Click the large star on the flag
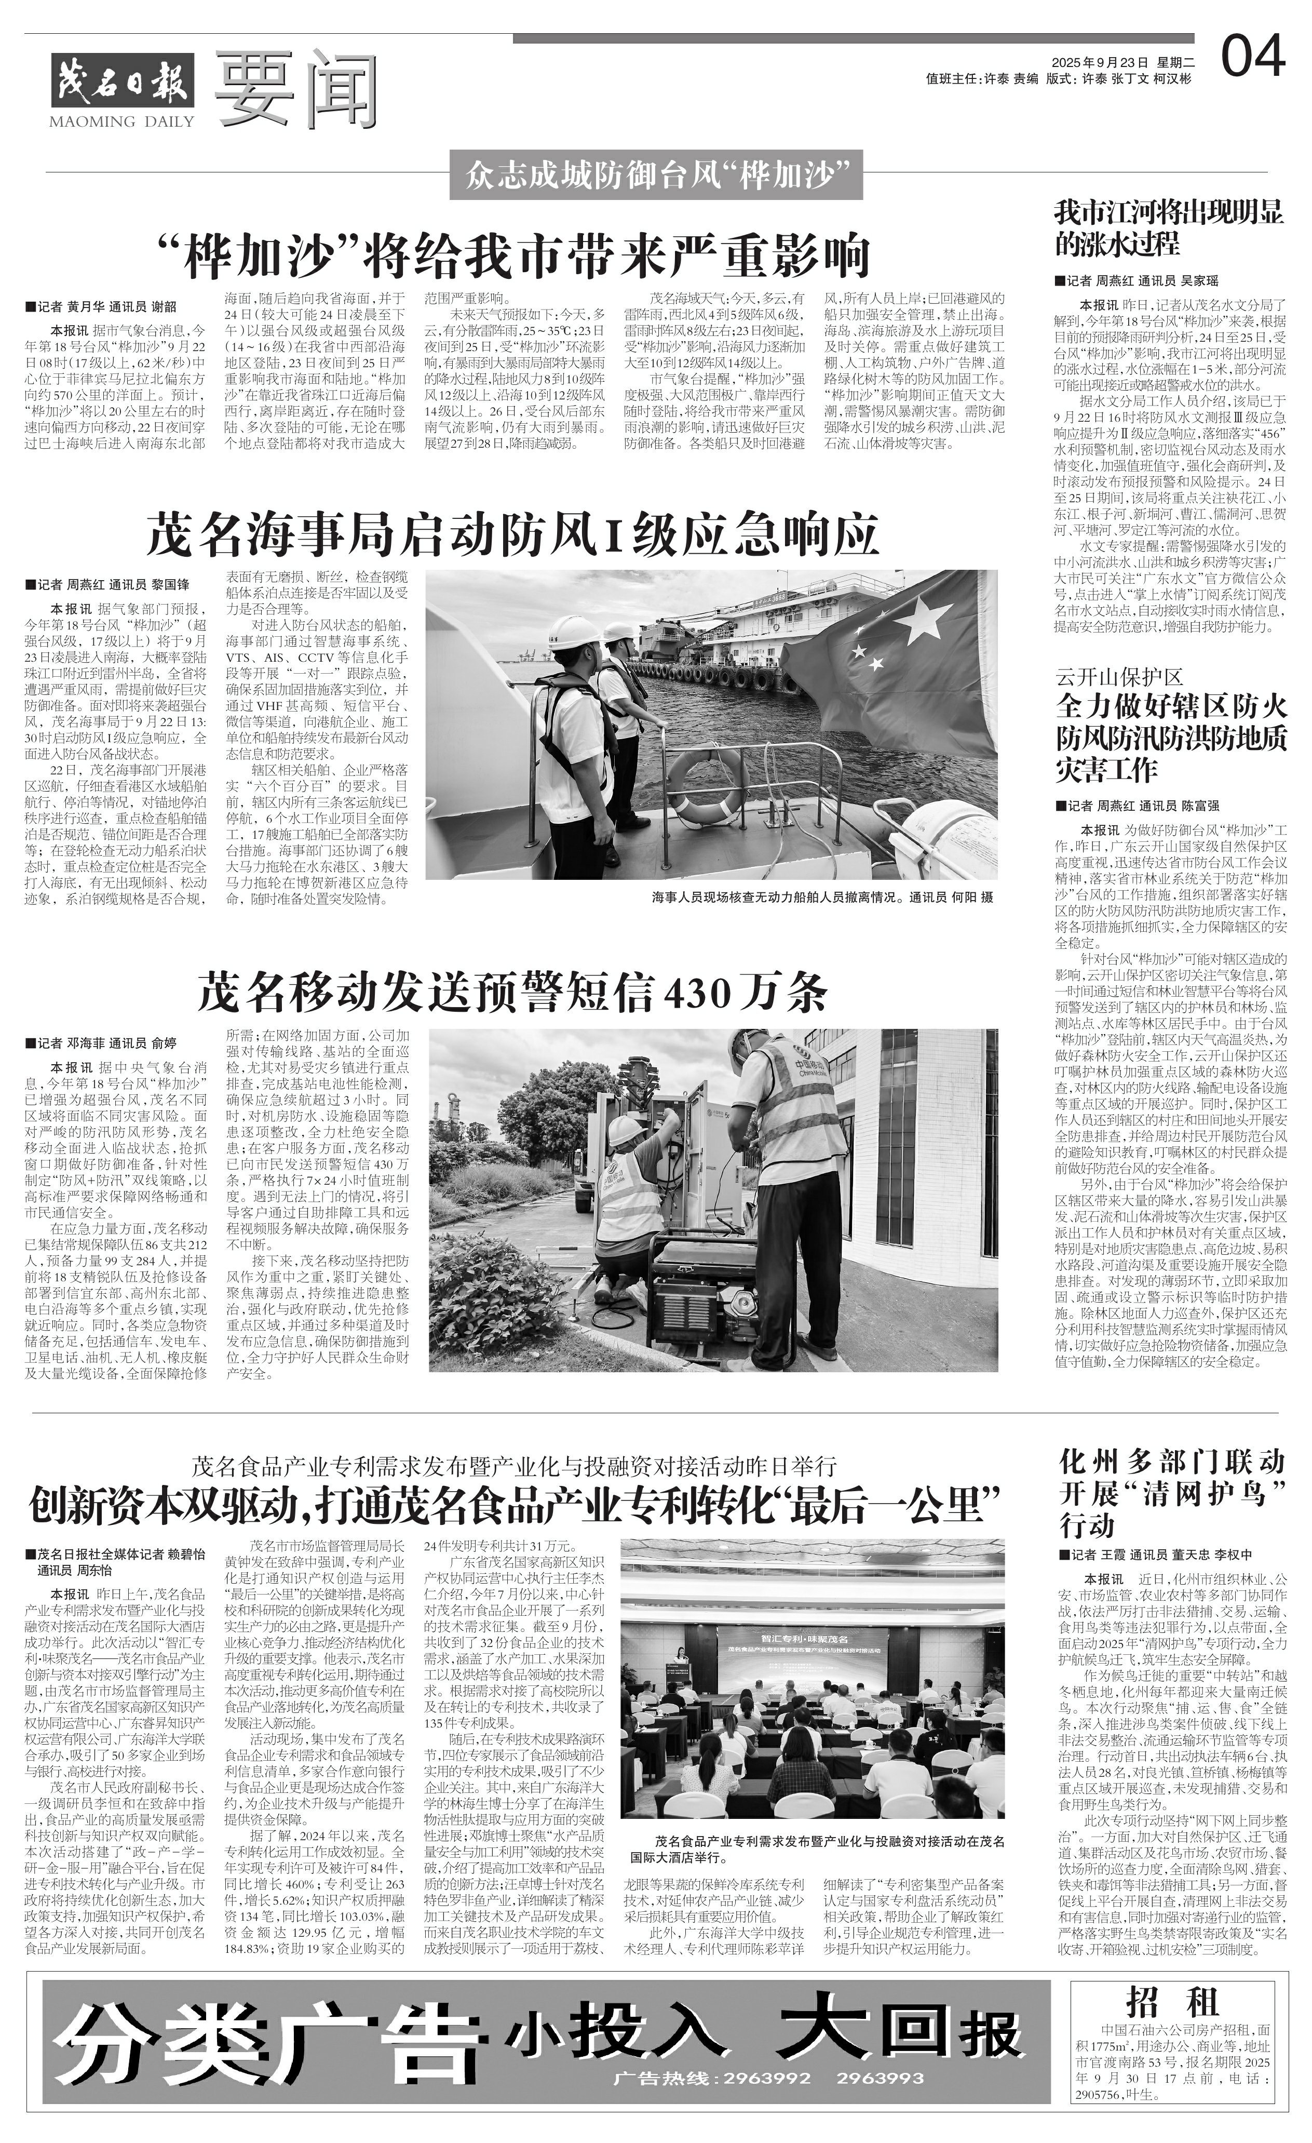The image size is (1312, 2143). pyautogui.click(x=925, y=620)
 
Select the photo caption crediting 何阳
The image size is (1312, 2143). pyautogui.click(x=822, y=896)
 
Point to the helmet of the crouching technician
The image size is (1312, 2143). pyautogui.click(x=624, y=1130)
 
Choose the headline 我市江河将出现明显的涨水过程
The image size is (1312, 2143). pyautogui.click(x=1169, y=226)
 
